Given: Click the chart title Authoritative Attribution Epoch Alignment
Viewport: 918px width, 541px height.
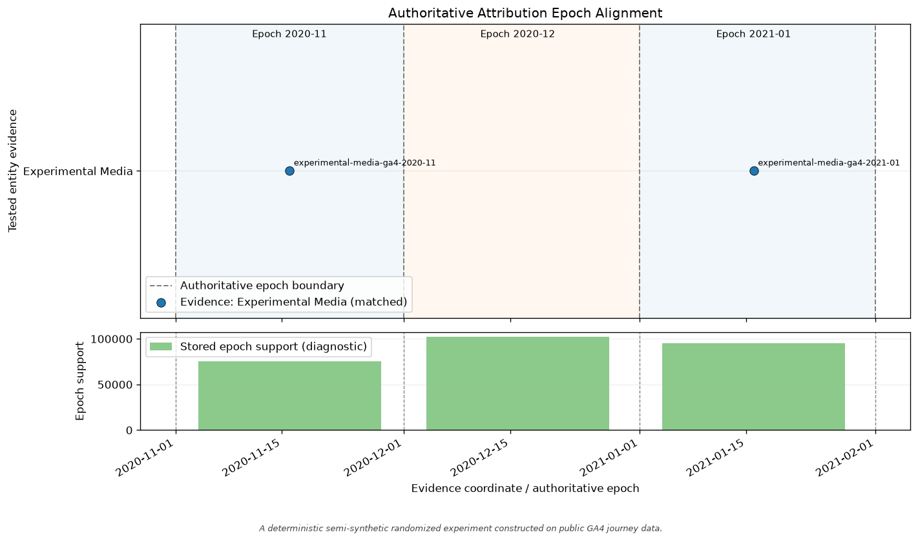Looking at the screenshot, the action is (x=525, y=13).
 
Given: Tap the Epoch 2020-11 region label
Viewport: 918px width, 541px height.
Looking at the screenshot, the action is (x=289, y=34).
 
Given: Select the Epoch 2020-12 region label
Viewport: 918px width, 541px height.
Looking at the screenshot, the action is (x=517, y=34).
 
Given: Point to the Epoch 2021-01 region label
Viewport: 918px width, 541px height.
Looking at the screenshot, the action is (x=753, y=34).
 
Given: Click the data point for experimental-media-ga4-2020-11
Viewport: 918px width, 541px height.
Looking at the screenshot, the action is (x=289, y=171).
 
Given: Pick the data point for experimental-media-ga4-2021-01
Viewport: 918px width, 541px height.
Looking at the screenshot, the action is (x=754, y=171).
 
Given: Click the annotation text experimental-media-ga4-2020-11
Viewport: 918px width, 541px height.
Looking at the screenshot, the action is (x=365, y=163).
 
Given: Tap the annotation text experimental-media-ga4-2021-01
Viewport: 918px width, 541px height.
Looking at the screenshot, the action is (x=829, y=163).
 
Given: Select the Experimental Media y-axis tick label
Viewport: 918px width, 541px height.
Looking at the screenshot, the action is (x=78, y=171).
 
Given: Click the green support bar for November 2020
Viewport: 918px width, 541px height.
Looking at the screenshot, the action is (x=290, y=396).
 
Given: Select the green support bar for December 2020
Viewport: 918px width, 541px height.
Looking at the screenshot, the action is (x=517, y=383).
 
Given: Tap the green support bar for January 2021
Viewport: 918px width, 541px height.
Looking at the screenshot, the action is (x=753, y=387).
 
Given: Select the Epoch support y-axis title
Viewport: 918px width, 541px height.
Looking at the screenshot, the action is (x=79, y=381).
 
